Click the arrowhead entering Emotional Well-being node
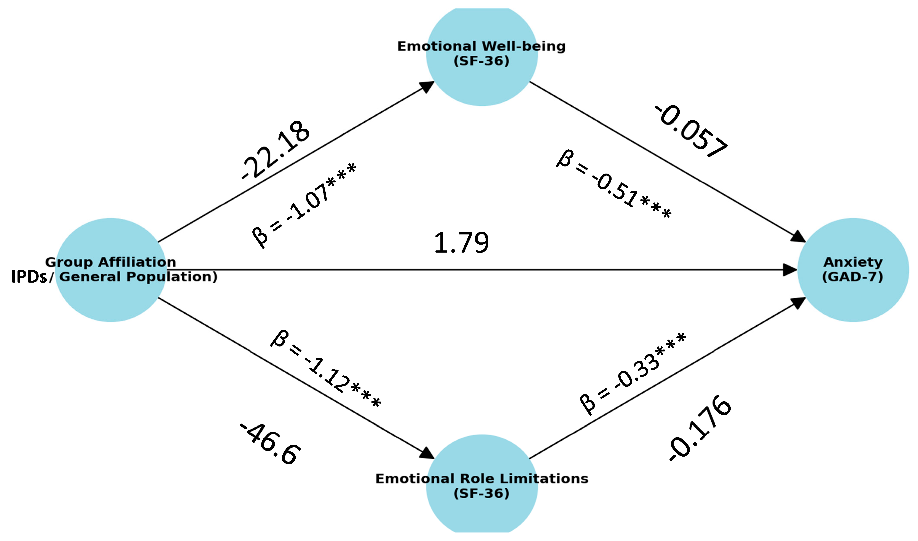click(x=427, y=87)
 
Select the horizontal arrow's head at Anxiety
click(x=790, y=270)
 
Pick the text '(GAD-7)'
click(x=853, y=277)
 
